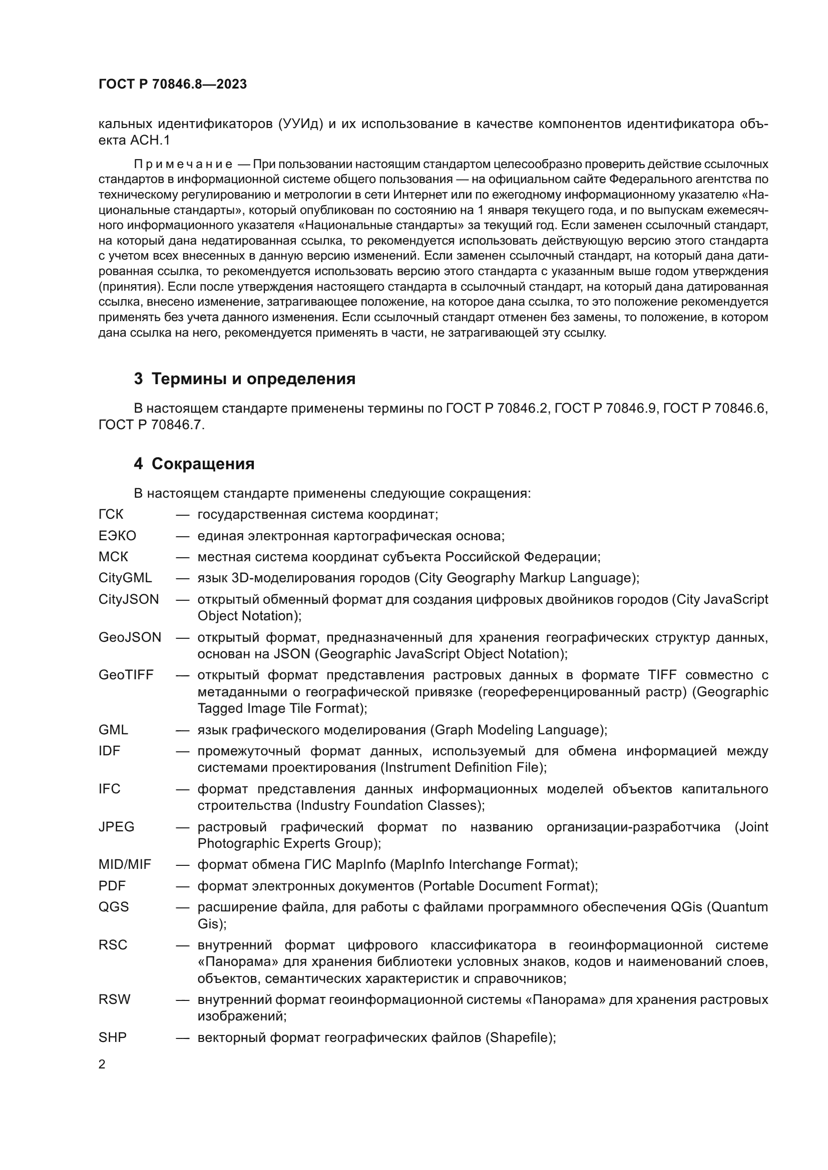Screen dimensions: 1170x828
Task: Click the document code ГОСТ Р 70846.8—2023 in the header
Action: pos(172,84)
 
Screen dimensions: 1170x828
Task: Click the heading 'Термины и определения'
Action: pos(253,379)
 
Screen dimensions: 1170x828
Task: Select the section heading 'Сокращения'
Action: pos(202,464)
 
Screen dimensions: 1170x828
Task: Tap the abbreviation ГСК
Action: pos(111,514)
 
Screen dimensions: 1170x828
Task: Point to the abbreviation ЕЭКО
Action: pos(117,536)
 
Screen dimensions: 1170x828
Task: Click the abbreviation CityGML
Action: pos(125,578)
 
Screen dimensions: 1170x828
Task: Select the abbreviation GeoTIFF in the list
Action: pos(126,675)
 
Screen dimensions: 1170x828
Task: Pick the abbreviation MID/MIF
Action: pos(125,864)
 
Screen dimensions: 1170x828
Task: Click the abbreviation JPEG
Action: pos(116,826)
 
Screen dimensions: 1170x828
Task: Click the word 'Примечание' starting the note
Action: pos(183,164)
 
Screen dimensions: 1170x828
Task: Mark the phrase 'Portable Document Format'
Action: pos(506,886)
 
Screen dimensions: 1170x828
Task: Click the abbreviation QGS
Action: pos(113,906)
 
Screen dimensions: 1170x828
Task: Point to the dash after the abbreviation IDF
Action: pos(183,751)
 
